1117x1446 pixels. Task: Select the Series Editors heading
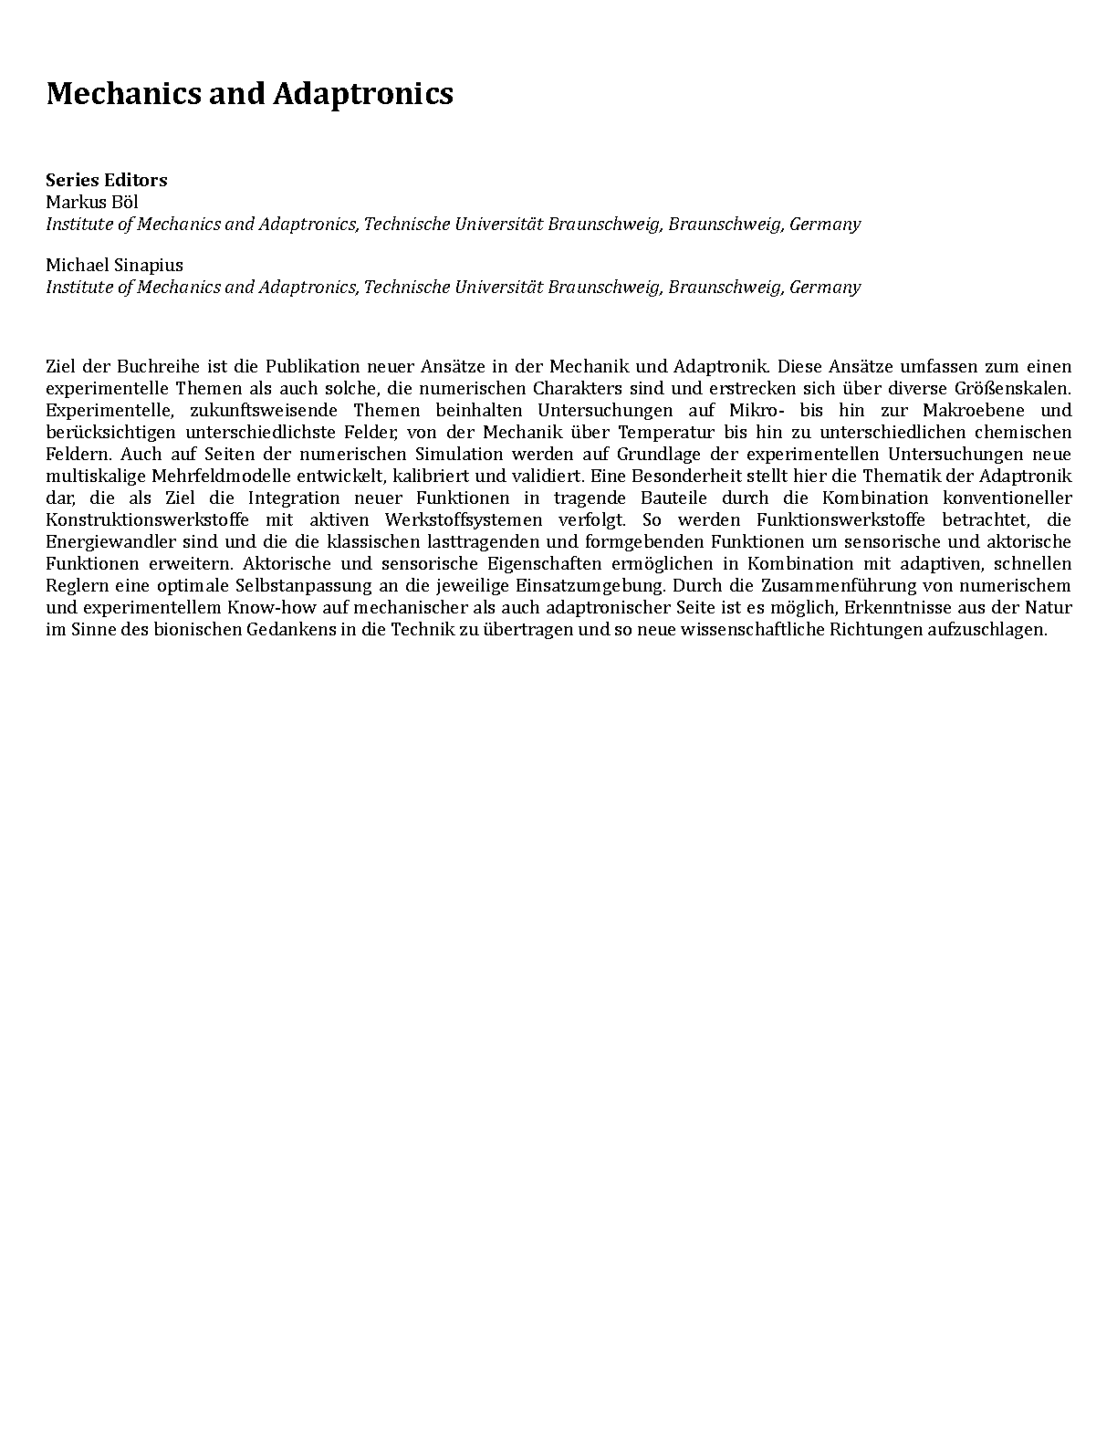click(x=107, y=180)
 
